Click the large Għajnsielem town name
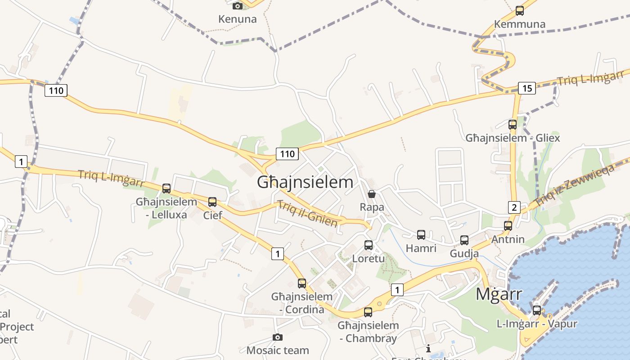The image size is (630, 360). click(305, 182)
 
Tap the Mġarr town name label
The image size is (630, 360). click(499, 294)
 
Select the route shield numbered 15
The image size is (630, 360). click(526, 88)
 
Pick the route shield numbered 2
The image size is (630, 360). click(514, 207)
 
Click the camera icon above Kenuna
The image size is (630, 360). click(237, 6)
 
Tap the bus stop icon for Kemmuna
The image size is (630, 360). click(520, 11)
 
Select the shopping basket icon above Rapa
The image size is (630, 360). click(372, 194)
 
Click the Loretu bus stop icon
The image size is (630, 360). click(369, 245)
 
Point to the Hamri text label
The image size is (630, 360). click(421, 248)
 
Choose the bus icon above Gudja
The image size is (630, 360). click(464, 240)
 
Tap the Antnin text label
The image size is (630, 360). click(508, 239)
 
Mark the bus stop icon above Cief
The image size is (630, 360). click(212, 202)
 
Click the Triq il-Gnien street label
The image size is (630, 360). click(308, 213)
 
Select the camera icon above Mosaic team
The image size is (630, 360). click(278, 337)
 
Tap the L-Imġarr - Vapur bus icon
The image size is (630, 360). click(537, 310)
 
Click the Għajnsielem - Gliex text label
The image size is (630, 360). click(513, 138)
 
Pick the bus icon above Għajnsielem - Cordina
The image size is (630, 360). click(302, 283)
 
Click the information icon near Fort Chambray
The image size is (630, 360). click(428, 348)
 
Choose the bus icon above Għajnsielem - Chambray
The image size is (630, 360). click(368, 312)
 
